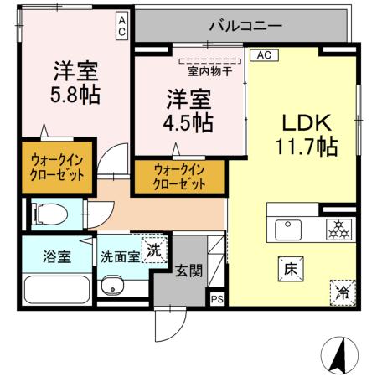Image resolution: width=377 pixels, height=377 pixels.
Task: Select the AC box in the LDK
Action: [262, 55]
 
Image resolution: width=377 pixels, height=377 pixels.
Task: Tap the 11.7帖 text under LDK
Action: [306, 147]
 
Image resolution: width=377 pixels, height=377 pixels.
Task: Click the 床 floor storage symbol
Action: [287, 269]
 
